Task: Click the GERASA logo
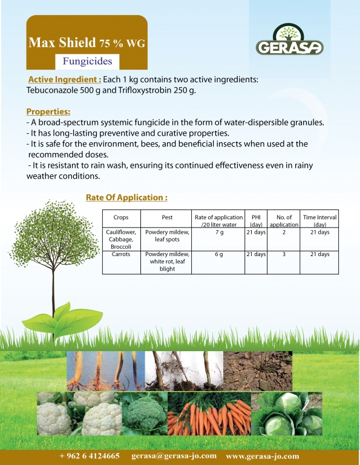289,40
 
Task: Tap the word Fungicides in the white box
87,61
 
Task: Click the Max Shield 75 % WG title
87,43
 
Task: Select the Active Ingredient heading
65,79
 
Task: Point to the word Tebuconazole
52,90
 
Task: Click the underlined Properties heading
48,111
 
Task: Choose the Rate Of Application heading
126,197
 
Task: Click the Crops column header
121,217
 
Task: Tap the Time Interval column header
319,220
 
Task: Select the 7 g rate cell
219,232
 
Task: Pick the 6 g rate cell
219,254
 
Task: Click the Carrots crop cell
121,254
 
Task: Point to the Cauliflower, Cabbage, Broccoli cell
121,239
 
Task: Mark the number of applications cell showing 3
284,254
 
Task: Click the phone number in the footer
90,455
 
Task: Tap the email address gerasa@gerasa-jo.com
174,455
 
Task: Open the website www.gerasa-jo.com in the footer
263,456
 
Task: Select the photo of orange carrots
209,414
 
